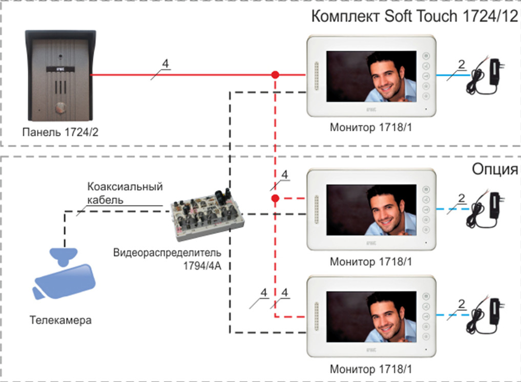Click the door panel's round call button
(x=60, y=108)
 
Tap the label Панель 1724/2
(x=60, y=132)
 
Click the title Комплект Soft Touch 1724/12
(x=414, y=16)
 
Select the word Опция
(x=495, y=170)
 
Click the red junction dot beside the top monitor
(x=275, y=75)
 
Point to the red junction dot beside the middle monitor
(x=275, y=198)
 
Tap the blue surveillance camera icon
(x=64, y=273)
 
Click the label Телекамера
(x=60, y=320)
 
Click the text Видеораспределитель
(x=167, y=253)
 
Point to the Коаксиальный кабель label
(x=125, y=193)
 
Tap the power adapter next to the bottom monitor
(x=486, y=315)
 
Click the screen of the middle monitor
(x=371, y=210)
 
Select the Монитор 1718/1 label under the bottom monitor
(x=371, y=369)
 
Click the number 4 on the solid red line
(x=165, y=63)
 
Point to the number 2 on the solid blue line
(x=462, y=64)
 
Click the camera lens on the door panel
(x=60, y=56)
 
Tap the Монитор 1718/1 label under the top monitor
(x=371, y=127)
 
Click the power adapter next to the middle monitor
(x=486, y=210)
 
